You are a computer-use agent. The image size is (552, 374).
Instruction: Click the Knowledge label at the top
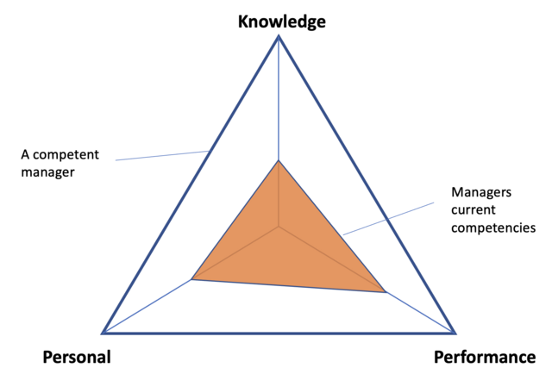pyautogui.click(x=281, y=21)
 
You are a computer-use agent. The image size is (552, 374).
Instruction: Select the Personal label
pyautogui.click(x=76, y=357)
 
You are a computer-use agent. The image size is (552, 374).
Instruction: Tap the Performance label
pyautogui.click(x=484, y=357)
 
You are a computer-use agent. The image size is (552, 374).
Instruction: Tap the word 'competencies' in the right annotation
pyautogui.click(x=493, y=228)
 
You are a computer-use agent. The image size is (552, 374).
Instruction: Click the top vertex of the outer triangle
pyautogui.click(x=279, y=36)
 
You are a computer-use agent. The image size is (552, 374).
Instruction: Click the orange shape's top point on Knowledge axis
pyautogui.click(x=279, y=160)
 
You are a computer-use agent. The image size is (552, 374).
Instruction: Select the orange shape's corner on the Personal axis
pyautogui.click(x=191, y=279)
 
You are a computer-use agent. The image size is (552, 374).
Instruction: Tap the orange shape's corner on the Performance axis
pyautogui.click(x=385, y=293)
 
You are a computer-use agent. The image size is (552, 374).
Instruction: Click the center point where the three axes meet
pyautogui.click(x=279, y=228)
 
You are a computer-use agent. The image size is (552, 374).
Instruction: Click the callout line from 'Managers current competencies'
pyautogui.click(x=388, y=219)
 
